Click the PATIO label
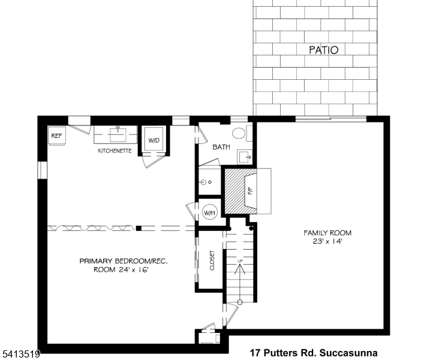tap(323, 50)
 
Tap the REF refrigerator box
tap(56, 136)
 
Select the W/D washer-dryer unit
tap(155, 140)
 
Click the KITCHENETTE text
tap(115, 151)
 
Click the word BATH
tap(221, 147)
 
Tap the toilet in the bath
tap(239, 133)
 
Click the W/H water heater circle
tap(209, 212)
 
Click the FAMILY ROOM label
tap(327, 233)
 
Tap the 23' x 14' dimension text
tap(327, 242)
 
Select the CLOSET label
tap(212, 260)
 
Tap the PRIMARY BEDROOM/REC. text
tap(124, 261)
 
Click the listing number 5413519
tap(20, 355)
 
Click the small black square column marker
tap(139, 228)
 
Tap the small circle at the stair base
tap(240, 302)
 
